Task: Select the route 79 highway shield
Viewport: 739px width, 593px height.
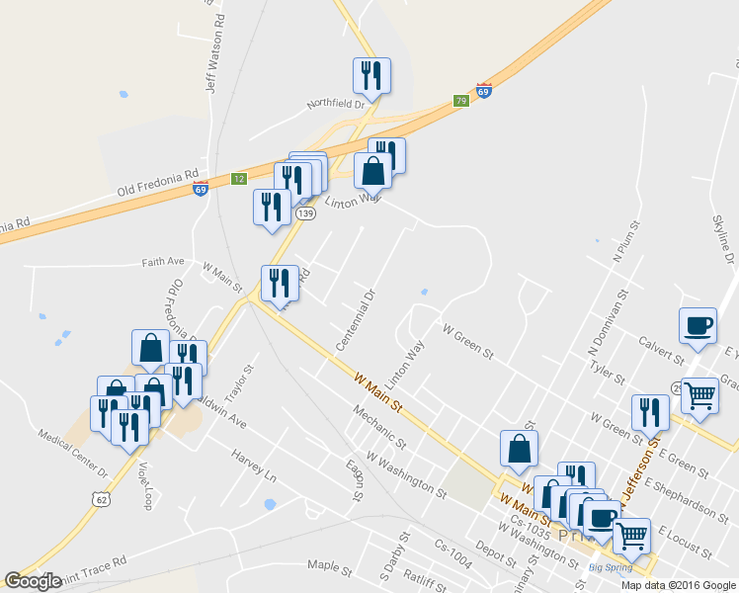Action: click(x=460, y=101)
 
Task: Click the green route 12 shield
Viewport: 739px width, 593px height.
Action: click(x=238, y=179)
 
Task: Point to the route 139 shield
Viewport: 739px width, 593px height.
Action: click(x=306, y=213)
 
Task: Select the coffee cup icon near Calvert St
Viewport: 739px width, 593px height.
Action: click(x=698, y=325)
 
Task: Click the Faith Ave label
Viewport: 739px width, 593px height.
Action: click(x=163, y=262)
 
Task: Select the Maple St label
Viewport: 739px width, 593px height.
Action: click(x=329, y=568)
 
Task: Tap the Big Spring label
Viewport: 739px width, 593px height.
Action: click(x=609, y=567)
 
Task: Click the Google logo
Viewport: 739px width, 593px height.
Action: click(x=34, y=581)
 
